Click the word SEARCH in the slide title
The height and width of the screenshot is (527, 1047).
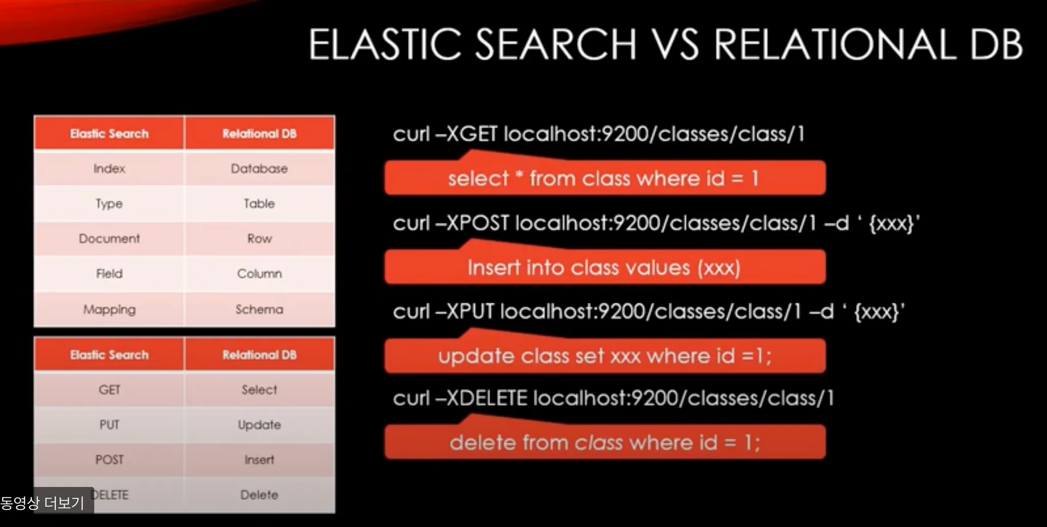pos(556,44)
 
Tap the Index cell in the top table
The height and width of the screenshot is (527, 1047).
pos(109,169)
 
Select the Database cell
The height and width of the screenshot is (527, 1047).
pos(259,169)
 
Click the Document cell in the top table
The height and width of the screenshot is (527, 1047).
pos(109,238)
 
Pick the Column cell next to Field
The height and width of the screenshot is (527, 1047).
pos(259,274)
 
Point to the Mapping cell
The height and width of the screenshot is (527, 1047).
pos(109,309)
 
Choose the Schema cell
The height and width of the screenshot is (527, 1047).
pos(259,309)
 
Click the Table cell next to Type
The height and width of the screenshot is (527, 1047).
pos(259,204)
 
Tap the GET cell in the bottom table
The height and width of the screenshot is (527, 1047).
pos(109,390)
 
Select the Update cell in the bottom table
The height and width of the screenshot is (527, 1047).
pos(259,425)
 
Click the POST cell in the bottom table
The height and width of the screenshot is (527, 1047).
pos(109,460)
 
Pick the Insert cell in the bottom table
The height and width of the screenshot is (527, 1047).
pos(259,460)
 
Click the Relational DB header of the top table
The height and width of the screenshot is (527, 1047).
pos(259,134)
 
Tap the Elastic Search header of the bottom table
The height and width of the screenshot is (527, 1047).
pos(109,354)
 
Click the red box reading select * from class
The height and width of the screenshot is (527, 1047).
pos(605,178)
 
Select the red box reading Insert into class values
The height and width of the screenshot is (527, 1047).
pos(605,267)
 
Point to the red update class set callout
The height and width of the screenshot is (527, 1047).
pos(605,355)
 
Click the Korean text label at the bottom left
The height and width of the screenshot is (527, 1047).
pos(42,502)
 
